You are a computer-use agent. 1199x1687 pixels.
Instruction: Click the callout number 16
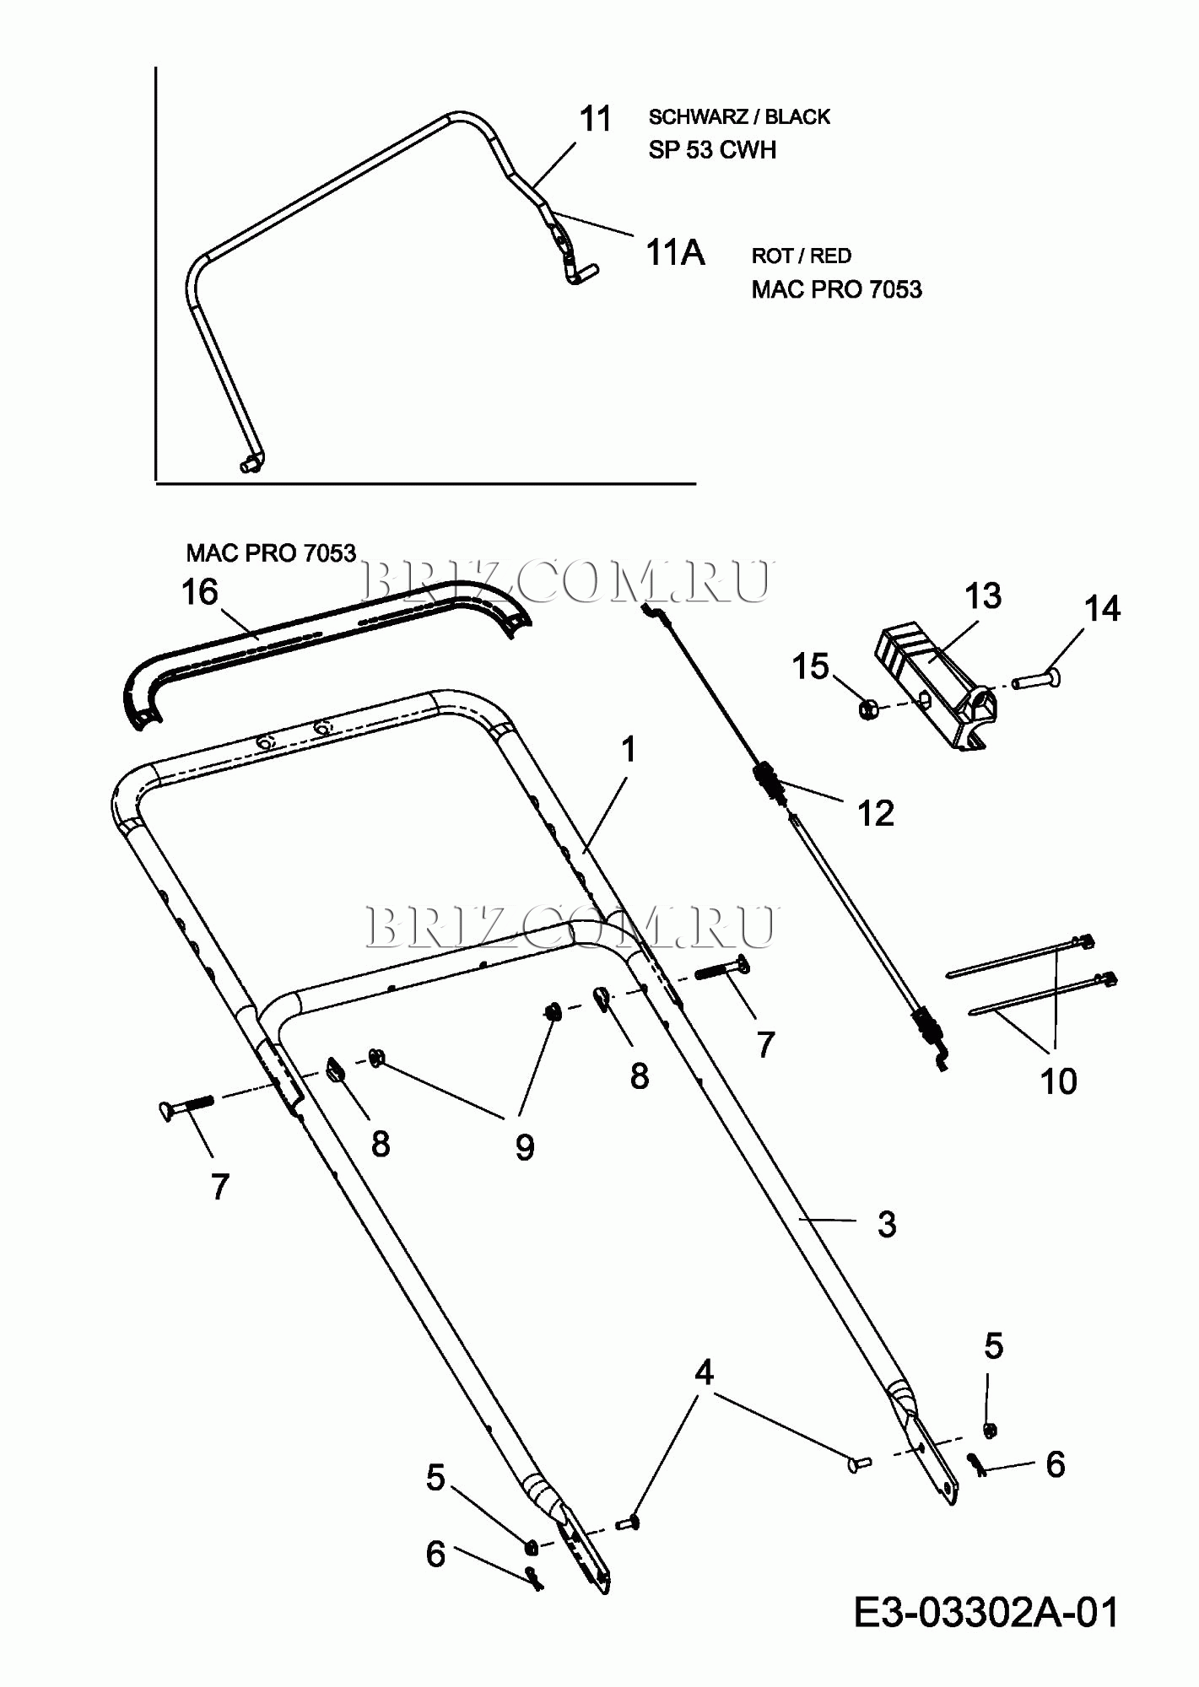[x=200, y=593]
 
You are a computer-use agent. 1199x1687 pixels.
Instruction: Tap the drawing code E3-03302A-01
[x=986, y=1612]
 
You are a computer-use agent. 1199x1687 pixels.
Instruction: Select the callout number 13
[x=982, y=596]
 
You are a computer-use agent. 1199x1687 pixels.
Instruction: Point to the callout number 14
[x=1101, y=609]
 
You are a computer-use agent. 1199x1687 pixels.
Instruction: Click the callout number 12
[x=875, y=813]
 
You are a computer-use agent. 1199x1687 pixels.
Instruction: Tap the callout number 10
[x=1058, y=1081]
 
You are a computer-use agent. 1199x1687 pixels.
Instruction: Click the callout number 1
[x=628, y=749]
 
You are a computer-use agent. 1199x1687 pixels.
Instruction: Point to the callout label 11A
[x=675, y=252]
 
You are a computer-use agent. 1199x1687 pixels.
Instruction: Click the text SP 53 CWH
[x=712, y=150]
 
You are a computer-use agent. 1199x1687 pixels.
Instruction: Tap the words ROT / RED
[x=801, y=256]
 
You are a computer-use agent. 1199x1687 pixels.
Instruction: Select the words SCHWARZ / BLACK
[x=739, y=117]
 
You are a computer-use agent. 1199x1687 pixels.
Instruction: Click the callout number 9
[x=524, y=1147]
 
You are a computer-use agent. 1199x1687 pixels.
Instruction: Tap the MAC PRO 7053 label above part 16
[x=271, y=553]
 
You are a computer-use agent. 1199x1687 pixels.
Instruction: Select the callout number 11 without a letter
[x=596, y=119]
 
